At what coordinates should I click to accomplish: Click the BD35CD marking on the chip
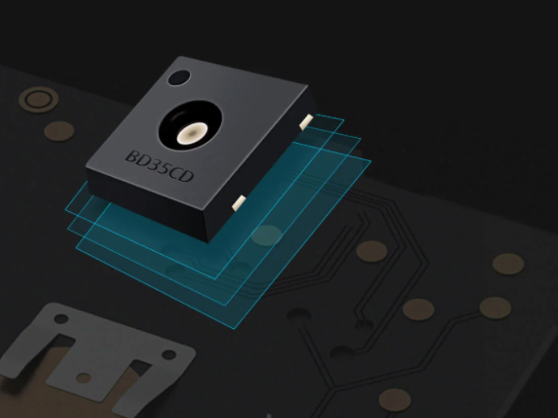160,166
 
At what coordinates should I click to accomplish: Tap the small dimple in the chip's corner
179,78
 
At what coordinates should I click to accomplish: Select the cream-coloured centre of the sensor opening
192,133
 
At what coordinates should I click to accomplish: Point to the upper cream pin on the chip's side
306,121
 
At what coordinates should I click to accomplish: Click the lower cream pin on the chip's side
239,203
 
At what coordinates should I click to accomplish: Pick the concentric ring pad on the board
39,100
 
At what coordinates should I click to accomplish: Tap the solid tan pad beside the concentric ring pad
59,131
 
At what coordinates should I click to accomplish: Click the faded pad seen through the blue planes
267,235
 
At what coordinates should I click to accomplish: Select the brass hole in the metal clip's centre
84,378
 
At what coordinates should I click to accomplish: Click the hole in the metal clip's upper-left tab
61,318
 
